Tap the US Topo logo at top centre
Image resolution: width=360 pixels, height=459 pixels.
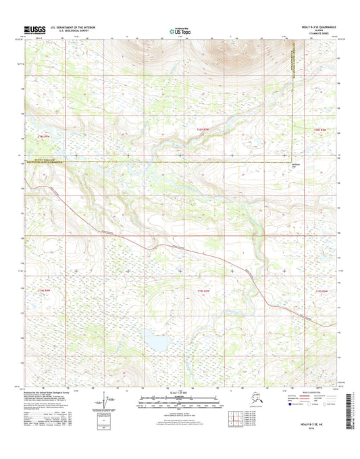tap(177, 30)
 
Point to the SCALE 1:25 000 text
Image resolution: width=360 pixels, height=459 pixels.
tap(179, 392)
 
